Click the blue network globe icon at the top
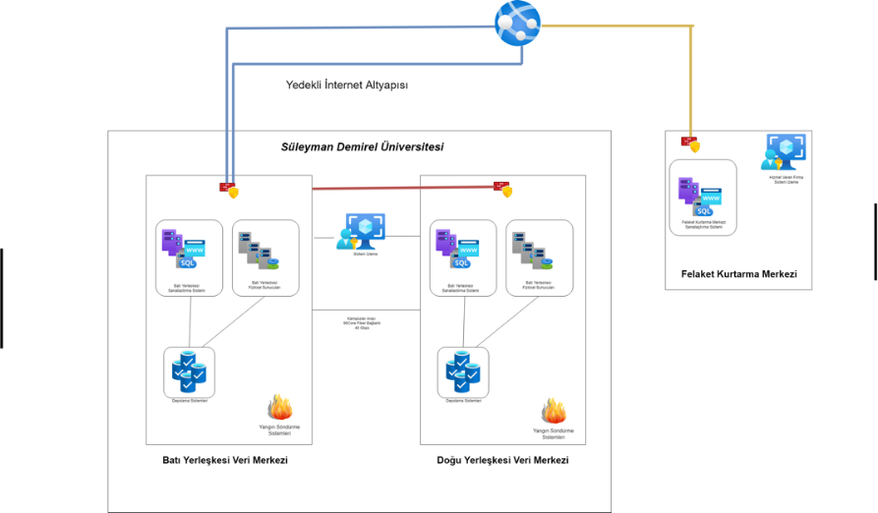click(518, 22)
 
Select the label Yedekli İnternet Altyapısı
click(346, 85)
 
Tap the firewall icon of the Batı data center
click(229, 189)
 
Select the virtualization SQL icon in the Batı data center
click(181, 249)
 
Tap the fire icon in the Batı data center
click(279, 407)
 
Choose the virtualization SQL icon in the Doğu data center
click(454, 249)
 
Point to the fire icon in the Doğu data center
click(554, 410)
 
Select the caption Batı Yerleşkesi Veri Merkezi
click(224, 460)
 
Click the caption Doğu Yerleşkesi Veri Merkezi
click(502, 460)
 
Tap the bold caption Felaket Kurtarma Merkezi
click(738, 274)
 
